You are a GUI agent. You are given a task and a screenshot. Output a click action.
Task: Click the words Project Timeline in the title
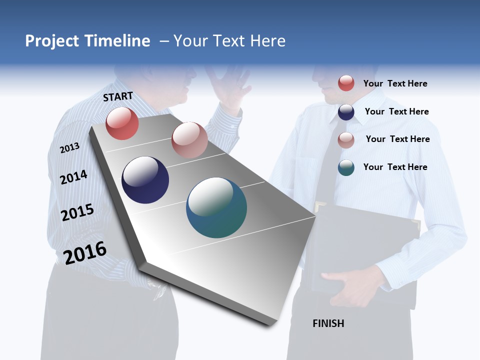[87, 41]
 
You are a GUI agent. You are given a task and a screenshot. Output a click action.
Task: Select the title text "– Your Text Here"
[222, 41]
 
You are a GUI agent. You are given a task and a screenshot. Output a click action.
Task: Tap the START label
[118, 96]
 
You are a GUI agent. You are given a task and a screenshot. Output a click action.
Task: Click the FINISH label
[328, 323]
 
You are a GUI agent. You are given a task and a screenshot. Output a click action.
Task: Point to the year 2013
[69, 147]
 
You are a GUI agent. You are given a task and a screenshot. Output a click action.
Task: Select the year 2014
[73, 177]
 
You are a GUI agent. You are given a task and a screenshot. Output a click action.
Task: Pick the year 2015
[77, 212]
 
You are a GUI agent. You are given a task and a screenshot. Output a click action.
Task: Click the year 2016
[84, 252]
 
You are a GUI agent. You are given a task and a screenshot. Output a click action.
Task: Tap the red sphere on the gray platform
[122, 123]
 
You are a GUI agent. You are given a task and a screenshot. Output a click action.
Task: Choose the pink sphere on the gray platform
[189, 140]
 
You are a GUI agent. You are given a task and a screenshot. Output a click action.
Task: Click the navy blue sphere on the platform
[145, 180]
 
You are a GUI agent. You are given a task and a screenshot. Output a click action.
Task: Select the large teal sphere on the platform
[216, 207]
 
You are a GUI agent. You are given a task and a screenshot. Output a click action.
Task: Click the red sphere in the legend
[346, 83]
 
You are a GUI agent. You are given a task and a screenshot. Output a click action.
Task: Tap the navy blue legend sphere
[346, 112]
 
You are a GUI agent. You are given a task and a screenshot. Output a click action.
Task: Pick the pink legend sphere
[346, 140]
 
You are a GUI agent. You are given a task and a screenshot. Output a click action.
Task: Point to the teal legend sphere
[346, 167]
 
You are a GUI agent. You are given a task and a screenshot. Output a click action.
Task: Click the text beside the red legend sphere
[395, 83]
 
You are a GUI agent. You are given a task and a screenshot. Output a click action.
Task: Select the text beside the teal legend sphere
[395, 167]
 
